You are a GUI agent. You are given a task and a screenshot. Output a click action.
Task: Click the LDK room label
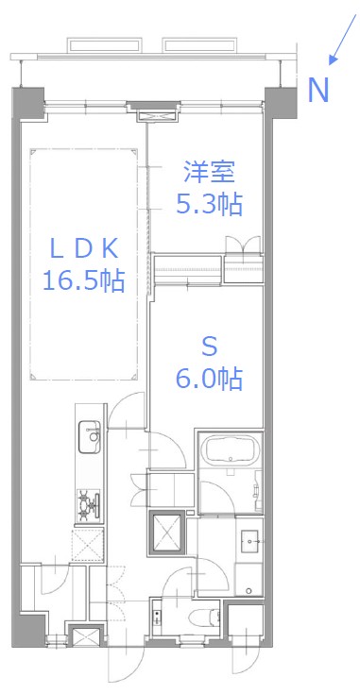(83, 248)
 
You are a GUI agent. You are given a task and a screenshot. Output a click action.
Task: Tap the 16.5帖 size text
(83, 280)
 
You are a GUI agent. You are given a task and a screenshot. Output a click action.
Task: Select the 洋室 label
(209, 173)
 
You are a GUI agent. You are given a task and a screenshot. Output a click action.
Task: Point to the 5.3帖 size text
(209, 204)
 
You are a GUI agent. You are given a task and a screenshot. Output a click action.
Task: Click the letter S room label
(209, 347)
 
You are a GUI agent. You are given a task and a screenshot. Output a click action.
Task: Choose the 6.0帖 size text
(209, 379)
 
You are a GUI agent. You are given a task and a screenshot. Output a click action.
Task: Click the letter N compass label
(319, 90)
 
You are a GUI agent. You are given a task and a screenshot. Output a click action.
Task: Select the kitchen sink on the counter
(91, 435)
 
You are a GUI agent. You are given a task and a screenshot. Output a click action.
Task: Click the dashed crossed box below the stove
(90, 546)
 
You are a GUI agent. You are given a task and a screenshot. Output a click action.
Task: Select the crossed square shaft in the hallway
(168, 532)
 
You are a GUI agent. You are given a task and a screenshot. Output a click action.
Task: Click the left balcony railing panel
(109, 43)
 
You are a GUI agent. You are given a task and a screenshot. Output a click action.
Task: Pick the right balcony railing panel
(203, 43)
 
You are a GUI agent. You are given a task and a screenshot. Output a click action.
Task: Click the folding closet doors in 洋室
(244, 245)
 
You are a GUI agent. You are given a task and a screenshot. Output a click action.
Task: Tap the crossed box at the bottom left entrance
(86, 637)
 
